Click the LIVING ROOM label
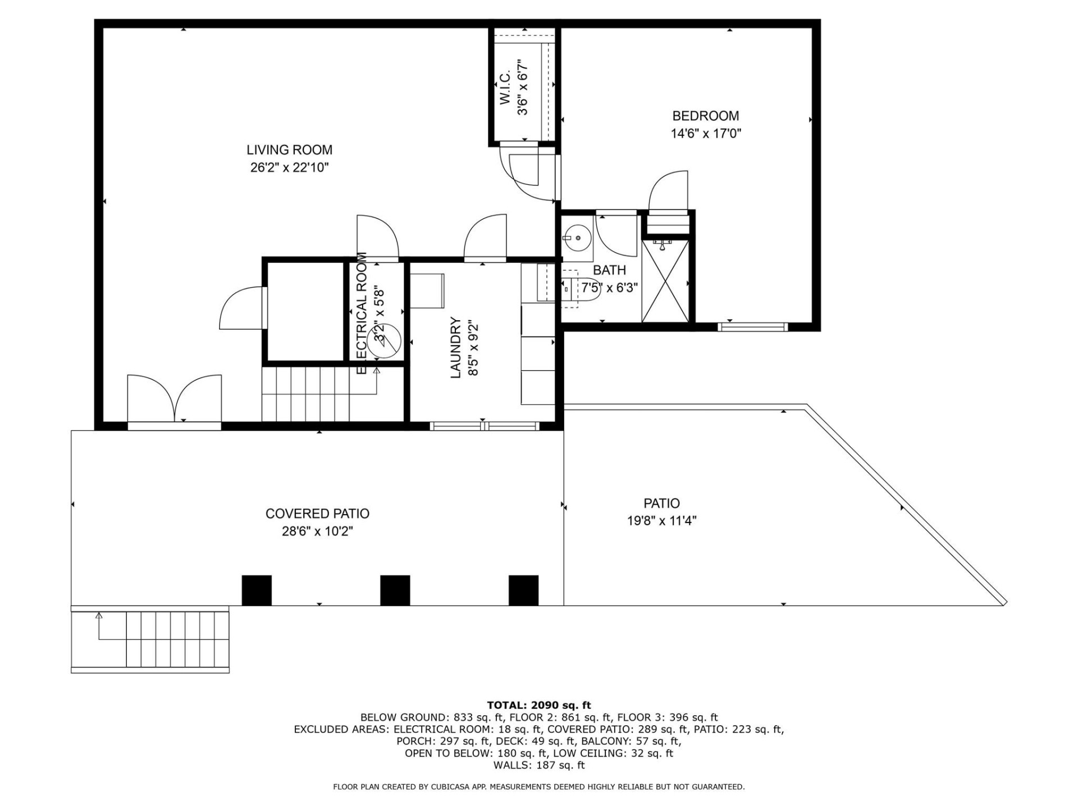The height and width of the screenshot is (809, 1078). pos(289,150)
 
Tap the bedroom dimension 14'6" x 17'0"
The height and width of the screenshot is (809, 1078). pos(706,134)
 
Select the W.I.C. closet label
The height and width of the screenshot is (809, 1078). pos(505,87)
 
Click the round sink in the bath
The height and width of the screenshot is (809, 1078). pos(577,238)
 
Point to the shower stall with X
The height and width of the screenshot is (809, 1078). pos(665,281)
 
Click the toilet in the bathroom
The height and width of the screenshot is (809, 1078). pos(573,289)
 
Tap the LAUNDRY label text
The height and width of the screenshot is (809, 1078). pos(455,348)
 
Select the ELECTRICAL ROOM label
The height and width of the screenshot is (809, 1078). pos(362,313)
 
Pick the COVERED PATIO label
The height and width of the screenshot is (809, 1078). pos(317,513)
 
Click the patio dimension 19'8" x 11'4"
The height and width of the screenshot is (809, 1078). pos(661,521)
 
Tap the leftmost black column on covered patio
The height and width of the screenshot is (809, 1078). pos(257,590)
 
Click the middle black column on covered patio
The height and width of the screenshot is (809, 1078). pos(395,590)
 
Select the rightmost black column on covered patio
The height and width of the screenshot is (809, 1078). pos(523,590)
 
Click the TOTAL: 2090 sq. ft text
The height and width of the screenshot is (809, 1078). pos(538,705)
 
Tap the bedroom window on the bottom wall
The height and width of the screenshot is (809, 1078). pos(752,326)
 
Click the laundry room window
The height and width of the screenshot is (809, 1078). pos(484,426)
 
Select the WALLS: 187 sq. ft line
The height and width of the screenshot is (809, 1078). pos(538,765)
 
